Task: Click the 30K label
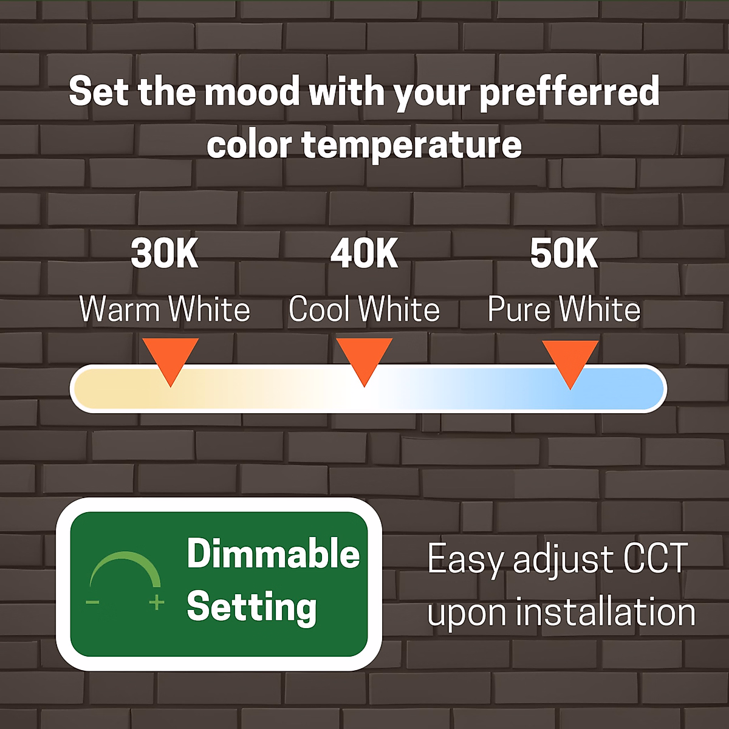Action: coord(165,253)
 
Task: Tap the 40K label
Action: coord(364,253)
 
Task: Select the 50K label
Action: coord(564,253)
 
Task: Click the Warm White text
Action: coord(165,309)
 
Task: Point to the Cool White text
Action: coord(364,309)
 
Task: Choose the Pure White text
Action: coord(564,309)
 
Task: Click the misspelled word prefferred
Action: coord(570,92)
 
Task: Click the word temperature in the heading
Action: coord(412,145)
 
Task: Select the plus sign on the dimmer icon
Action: coord(157,602)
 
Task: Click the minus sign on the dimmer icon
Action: coord(93,602)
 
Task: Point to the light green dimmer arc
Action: coord(125,555)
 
